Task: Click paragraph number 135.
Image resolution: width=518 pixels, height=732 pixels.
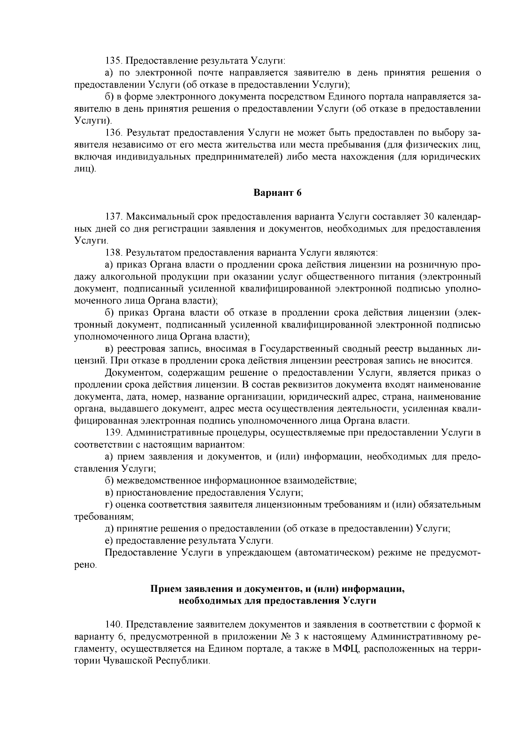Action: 114,61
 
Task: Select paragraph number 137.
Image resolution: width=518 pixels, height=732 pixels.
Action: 114,216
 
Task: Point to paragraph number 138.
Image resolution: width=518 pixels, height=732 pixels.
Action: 114,252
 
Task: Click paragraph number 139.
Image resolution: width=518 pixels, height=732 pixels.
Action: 114,432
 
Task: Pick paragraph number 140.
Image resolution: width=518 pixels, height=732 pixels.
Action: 114,624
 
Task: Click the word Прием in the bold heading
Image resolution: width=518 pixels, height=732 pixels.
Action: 164,589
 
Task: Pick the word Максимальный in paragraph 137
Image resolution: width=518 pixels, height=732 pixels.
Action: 159,216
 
